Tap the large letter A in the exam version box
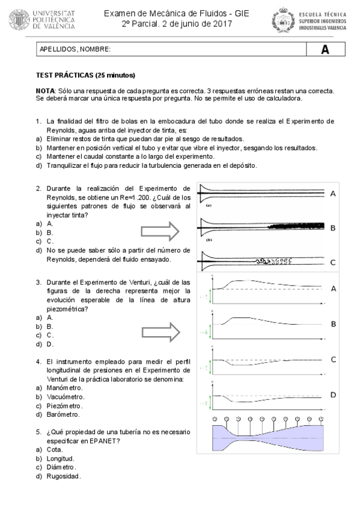pos(325,50)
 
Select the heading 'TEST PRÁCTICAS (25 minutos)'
pos(86,75)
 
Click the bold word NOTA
pos(44,90)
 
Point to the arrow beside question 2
pos(160,231)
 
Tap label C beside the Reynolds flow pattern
pos(333,262)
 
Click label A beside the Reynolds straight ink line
pos(333,193)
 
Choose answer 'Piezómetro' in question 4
pos(64,405)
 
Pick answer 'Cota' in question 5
pos(55,449)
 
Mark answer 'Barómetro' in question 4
pos(63,414)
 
